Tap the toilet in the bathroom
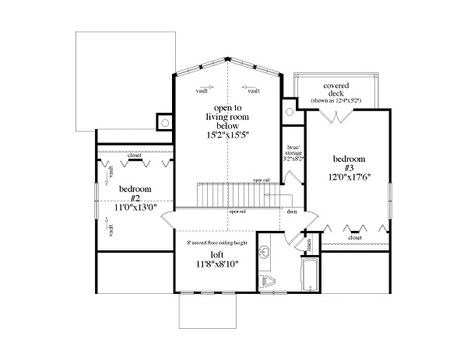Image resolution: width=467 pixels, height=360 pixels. pos(267,280)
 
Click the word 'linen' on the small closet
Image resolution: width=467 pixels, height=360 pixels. pos(310,244)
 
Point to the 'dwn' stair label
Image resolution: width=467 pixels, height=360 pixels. pos(291,211)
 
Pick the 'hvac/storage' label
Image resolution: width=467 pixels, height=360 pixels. pos(292,152)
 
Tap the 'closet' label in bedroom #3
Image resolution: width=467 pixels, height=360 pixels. pos(356,237)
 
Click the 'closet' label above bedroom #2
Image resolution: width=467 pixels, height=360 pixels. pos(135,155)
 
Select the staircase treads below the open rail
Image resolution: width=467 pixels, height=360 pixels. pos(233,194)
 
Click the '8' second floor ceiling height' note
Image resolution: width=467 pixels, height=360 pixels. pos(217,243)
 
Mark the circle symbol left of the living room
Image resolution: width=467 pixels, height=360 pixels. pos(165,121)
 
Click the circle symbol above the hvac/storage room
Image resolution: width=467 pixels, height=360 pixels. pos(289,101)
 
